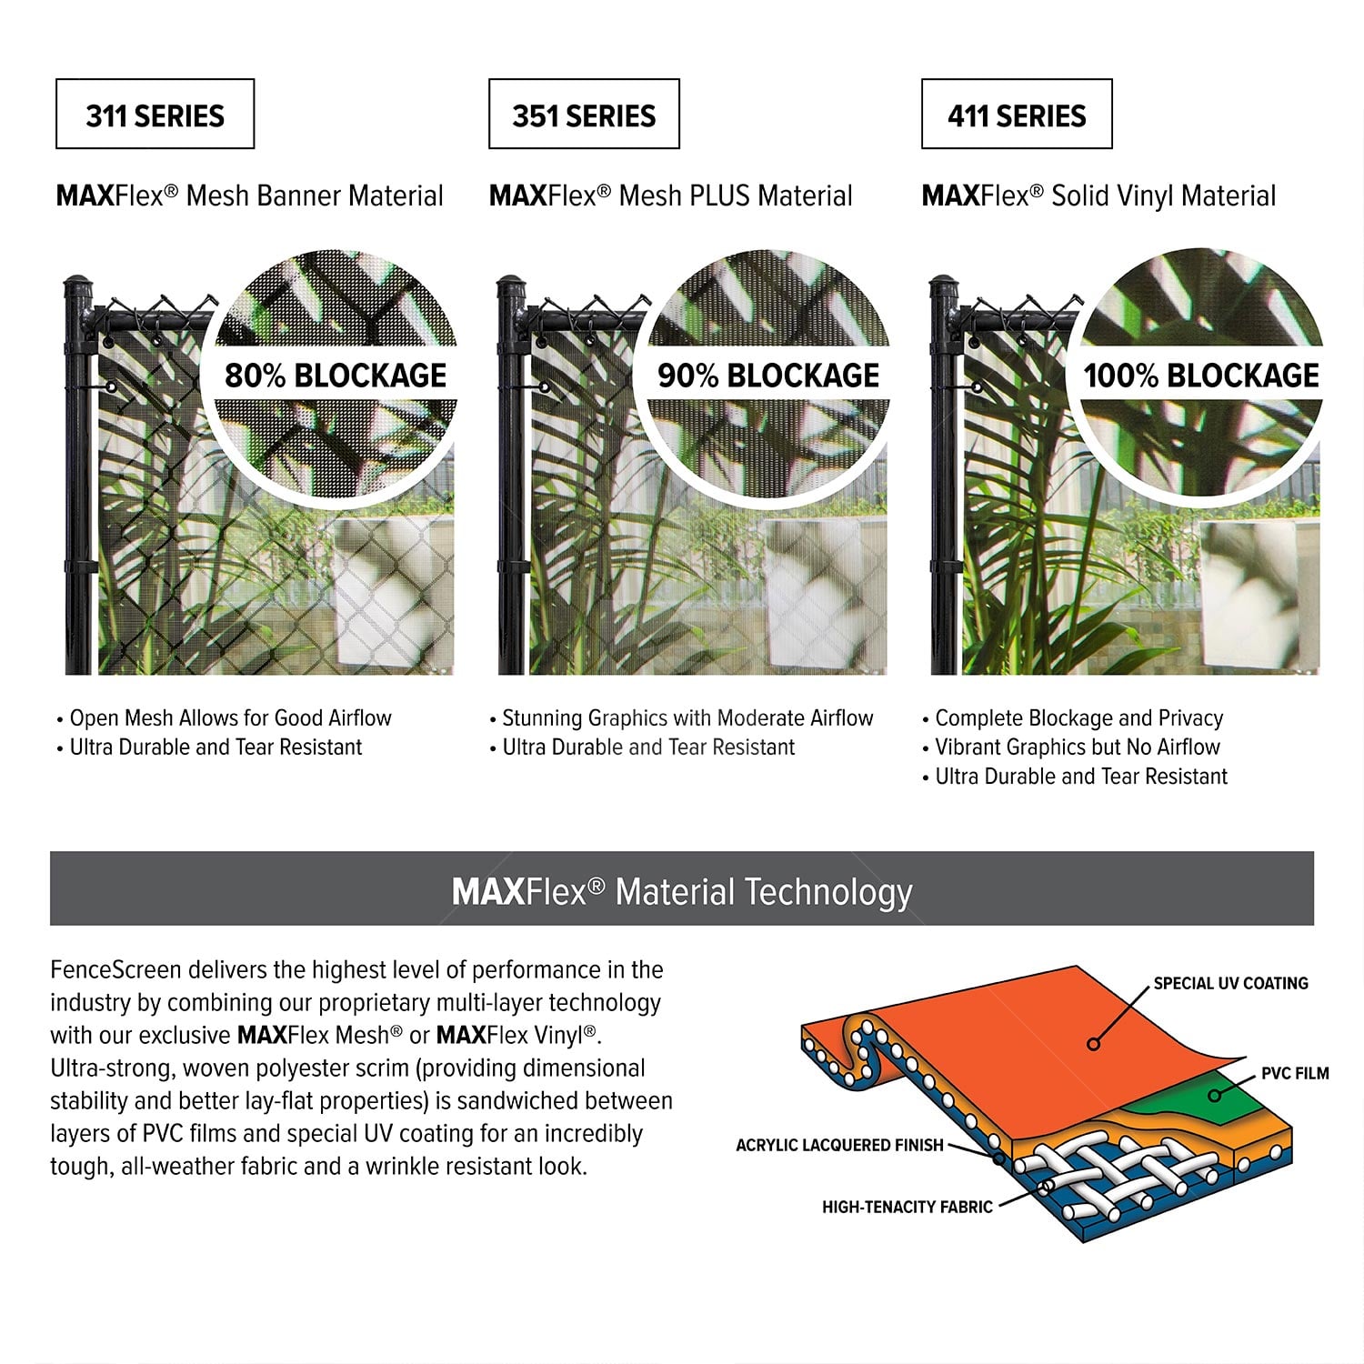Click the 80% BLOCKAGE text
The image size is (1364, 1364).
(336, 376)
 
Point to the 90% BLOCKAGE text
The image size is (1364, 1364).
(768, 376)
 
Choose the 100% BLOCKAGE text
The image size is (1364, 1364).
(1200, 376)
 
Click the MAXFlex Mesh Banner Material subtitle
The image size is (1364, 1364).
(250, 196)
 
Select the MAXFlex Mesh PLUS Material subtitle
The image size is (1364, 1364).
(671, 196)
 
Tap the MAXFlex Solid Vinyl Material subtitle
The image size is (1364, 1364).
(1098, 196)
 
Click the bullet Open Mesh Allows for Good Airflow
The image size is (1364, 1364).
(224, 718)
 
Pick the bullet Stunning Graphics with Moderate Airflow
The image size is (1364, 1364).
(681, 718)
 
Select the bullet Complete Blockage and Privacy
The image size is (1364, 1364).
(1073, 718)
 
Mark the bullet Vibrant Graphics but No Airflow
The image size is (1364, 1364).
(1071, 747)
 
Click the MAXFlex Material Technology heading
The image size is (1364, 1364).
(682, 892)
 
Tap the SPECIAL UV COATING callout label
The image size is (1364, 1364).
(1230, 983)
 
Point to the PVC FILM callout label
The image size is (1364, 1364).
(1295, 1074)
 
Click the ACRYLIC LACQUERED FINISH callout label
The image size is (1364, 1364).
(839, 1145)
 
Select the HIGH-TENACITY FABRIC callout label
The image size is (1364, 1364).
(908, 1207)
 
